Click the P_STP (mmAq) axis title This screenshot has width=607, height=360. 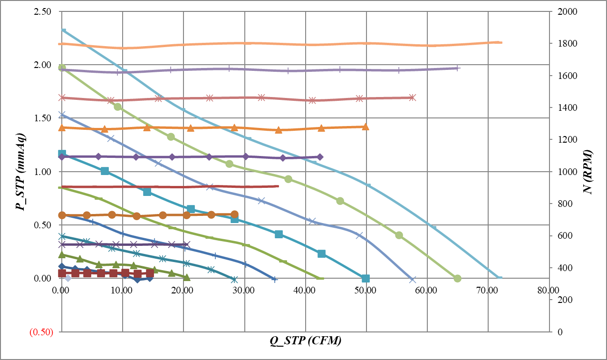[20, 172]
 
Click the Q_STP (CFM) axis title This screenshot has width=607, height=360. [306, 341]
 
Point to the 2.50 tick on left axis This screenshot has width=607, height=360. [43, 11]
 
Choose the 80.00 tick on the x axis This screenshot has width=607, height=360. [549, 290]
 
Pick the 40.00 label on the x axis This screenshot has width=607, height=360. [305, 290]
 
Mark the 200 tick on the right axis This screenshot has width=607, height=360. [561, 300]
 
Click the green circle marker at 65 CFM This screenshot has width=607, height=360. [457, 278]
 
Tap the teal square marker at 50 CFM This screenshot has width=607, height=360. [366, 278]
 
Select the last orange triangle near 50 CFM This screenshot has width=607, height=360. [366, 127]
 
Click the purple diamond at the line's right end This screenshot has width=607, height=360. [320, 157]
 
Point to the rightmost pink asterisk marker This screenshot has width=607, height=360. [412, 97]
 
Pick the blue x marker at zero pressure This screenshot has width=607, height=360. [412, 280]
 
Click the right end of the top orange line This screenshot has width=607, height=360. [501, 42]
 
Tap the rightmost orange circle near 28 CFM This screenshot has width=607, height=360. [234, 214]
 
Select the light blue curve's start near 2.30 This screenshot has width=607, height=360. [64, 30]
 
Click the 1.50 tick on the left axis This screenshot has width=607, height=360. [43, 118]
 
